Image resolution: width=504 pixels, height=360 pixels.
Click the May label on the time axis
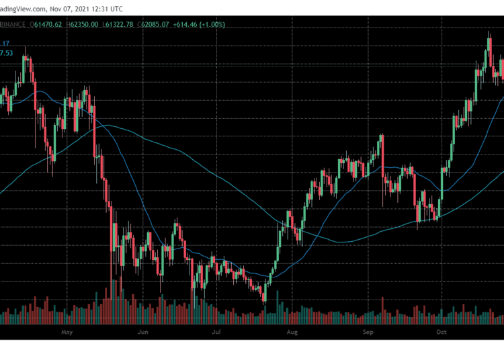tap(66, 331)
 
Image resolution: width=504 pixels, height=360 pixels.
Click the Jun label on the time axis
tap(142, 331)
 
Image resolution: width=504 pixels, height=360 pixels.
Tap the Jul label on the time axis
tap(216, 331)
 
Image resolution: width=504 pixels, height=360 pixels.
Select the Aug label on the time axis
tap(292, 331)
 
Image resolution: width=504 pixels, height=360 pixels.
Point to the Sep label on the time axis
tap(368, 331)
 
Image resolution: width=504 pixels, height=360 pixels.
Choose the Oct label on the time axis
tap(441, 331)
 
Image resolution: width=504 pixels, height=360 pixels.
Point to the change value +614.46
tap(187, 25)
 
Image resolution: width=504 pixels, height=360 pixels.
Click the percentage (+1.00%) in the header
tap(215, 25)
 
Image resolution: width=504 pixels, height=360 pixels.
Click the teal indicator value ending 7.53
tap(6, 52)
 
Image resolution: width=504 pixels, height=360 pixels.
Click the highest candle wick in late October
tap(488, 34)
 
